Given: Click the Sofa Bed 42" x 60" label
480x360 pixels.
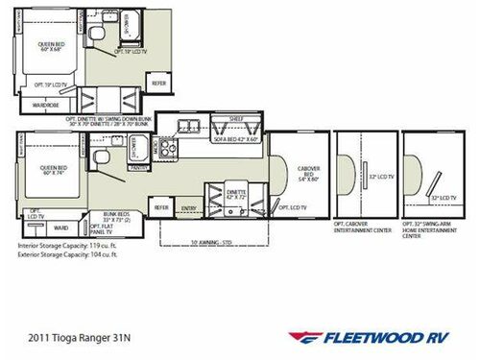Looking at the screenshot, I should point(231,136).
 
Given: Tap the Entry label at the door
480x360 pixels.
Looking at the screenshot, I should point(188,206).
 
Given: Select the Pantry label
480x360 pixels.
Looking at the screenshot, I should point(137,166).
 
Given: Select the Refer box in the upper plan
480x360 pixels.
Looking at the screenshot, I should point(159,84).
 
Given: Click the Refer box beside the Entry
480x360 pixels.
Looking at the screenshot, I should point(162,206).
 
